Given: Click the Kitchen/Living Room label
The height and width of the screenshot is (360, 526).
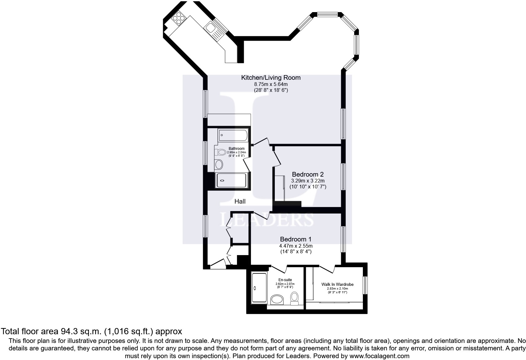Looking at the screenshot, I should click(271, 78).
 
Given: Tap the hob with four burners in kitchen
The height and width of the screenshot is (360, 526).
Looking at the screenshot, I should click(179, 18).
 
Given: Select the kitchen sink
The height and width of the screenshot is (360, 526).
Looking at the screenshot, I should click(209, 28).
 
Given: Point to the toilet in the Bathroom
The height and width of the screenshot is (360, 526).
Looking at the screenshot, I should click(221, 152).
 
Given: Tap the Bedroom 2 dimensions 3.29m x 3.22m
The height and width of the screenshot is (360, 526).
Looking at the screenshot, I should click(308, 181).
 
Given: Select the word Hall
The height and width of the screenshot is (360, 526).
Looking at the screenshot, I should click(240, 201).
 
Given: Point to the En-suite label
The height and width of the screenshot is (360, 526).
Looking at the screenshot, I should click(285, 280).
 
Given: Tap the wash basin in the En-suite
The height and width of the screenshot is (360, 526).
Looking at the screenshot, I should click(277, 300).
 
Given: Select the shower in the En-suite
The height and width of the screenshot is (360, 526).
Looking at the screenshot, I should click(259, 288).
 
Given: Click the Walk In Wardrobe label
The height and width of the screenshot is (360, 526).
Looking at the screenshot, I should click(337, 284).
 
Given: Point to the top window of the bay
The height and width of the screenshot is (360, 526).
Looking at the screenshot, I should click(327, 14).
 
